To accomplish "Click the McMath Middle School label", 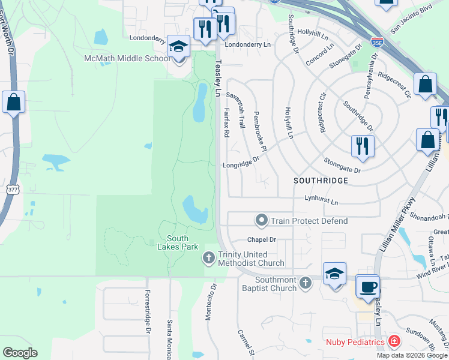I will (127, 59).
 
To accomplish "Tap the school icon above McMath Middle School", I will (178, 46).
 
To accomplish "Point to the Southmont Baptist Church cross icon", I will (306, 282).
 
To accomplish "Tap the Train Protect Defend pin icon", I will (261, 221).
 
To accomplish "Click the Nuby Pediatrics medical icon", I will (394, 342).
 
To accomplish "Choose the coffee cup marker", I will (367, 286).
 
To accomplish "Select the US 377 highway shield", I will (12, 190).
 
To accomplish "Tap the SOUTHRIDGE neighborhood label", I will (321, 180).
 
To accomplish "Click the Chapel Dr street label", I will (261, 239).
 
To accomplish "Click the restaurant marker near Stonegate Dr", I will (362, 146).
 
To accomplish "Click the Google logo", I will (20, 353).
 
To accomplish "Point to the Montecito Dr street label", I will (210, 303).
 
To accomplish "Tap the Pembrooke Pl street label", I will (260, 131).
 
